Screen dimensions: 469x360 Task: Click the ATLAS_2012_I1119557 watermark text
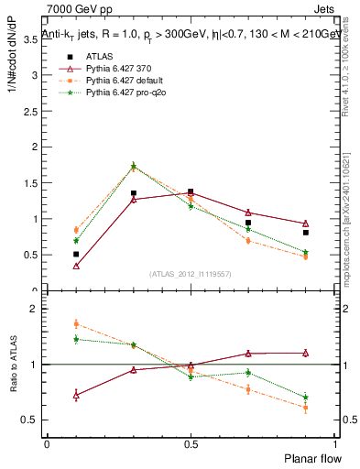tap(191, 274)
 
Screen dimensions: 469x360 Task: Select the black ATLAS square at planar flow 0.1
tap(76, 254)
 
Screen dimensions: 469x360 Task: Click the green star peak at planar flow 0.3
tap(134, 166)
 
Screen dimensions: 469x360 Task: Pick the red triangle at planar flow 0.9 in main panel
tap(306, 224)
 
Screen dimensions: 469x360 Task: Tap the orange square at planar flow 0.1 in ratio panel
tap(76, 323)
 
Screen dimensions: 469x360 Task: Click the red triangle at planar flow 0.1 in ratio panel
tap(76, 395)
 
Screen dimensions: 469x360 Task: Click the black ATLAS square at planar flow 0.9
tap(306, 233)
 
